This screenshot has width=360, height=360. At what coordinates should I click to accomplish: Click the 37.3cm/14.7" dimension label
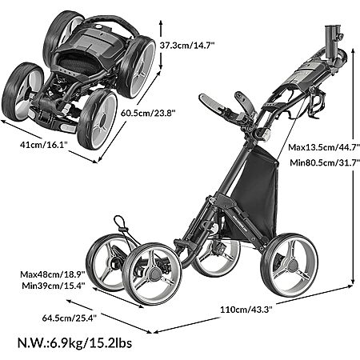[x=187, y=46]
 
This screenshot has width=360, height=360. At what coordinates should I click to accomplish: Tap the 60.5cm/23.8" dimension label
[x=148, y=113]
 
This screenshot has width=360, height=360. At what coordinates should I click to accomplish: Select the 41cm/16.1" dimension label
[x=43, y=145]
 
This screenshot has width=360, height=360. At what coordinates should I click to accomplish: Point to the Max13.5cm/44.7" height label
[x=324, y=147]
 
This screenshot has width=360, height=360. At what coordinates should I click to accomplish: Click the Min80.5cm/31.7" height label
[x=325, y=162]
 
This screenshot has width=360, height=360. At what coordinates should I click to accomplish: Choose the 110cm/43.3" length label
[x=246, y=310]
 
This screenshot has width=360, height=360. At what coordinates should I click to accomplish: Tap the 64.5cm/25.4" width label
[x=70, y=318]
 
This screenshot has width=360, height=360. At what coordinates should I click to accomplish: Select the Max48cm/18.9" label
[x=53, y=274]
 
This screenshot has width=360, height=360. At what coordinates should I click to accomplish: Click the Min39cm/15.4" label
[x=54, y=286]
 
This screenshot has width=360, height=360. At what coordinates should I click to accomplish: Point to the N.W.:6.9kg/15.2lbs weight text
[x=74, y=342]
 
